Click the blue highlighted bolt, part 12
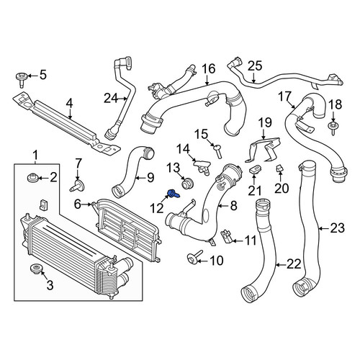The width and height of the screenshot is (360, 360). point(174,194)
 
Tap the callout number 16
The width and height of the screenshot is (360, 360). point(208,68)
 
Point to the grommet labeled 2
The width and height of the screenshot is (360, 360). point(32,179)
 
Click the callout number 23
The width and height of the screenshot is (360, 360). point(338,228)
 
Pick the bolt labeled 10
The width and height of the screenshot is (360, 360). point(194,257)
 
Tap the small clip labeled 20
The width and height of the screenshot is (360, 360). point(279,168)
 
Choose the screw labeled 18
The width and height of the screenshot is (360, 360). point(333,127)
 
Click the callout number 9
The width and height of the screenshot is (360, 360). point(150,178)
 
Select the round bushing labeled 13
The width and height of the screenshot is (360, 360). point(187,184)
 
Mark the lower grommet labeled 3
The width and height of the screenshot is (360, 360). point(37,269)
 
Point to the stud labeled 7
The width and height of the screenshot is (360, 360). point(77,186)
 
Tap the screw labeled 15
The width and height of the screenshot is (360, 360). point(218,151)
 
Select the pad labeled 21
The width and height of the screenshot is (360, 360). point(255,170)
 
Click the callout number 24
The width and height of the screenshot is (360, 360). point(111,99)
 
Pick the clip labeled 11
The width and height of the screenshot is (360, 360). point(226,236)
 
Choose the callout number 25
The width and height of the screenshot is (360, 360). point(255,66)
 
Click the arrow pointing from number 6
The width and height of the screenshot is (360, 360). point(87,204)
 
